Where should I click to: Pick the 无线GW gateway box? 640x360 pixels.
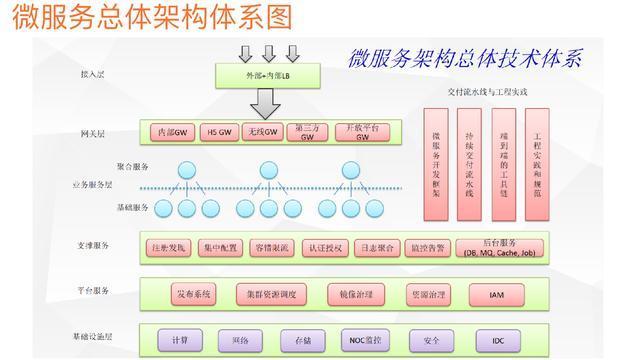262,133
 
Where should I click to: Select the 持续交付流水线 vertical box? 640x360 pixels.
469,163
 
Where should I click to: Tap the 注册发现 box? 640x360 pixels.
169,247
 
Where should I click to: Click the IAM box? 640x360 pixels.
498,295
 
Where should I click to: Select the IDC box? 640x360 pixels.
498,341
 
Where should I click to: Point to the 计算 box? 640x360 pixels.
180,341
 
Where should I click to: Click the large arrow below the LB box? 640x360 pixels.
265,103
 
